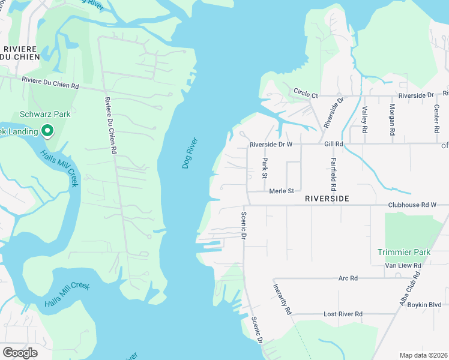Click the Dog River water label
[x=190, y=153]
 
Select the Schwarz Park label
[x=45, y=114]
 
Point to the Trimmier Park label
[x=404, y=252]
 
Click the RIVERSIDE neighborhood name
[x=327, y=198]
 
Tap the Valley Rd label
[x=364, y=118]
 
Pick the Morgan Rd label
[x=392, y=118]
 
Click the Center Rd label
[x=436, y=118]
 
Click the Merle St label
[x=281, y=191]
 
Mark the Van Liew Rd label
[x=401, y=265]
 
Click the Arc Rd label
[x=348, y=278]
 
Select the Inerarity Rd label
[x=282, y=299]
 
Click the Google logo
[x=20, y=353]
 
